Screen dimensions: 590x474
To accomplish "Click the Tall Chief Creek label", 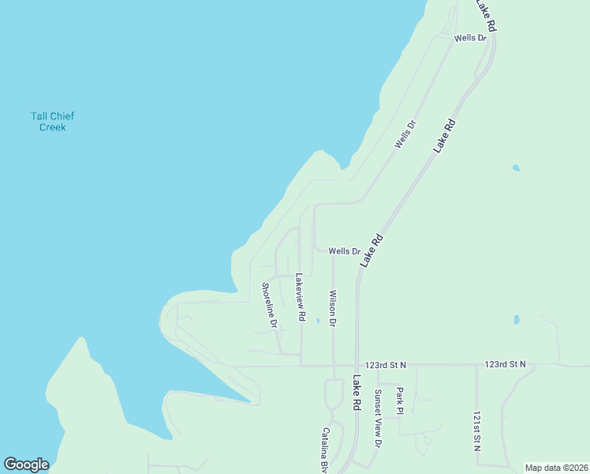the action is click(53, 122).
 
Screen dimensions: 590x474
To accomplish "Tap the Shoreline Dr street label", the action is click(269, 306).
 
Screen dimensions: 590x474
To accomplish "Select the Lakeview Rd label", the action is click(300, 297).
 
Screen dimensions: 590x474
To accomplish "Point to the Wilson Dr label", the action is click(332, 308).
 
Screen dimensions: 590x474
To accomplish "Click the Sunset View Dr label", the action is click(378, 419).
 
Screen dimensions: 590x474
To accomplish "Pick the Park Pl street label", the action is click(400, 400).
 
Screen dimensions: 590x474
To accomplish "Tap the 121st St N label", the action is click(476, 430).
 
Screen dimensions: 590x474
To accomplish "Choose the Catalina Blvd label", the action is click(324, 450).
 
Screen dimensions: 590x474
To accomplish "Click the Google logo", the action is click(26, 465).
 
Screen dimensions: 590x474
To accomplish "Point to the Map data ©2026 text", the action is click(555, 468).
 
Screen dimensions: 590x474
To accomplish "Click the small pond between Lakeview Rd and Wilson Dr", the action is click(317, 321).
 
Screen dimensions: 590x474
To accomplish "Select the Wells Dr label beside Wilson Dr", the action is click(344, 251).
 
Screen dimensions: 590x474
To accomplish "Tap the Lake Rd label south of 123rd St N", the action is click(357, 392).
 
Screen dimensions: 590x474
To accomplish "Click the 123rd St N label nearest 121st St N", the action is click(505, 364).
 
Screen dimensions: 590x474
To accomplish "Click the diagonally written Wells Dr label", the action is click(405, 134).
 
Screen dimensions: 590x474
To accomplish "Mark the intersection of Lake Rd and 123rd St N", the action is click(357, 365).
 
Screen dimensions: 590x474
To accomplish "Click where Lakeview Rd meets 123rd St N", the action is click(301, 365).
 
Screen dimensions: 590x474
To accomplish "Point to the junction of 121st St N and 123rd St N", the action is click(476, 365).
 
